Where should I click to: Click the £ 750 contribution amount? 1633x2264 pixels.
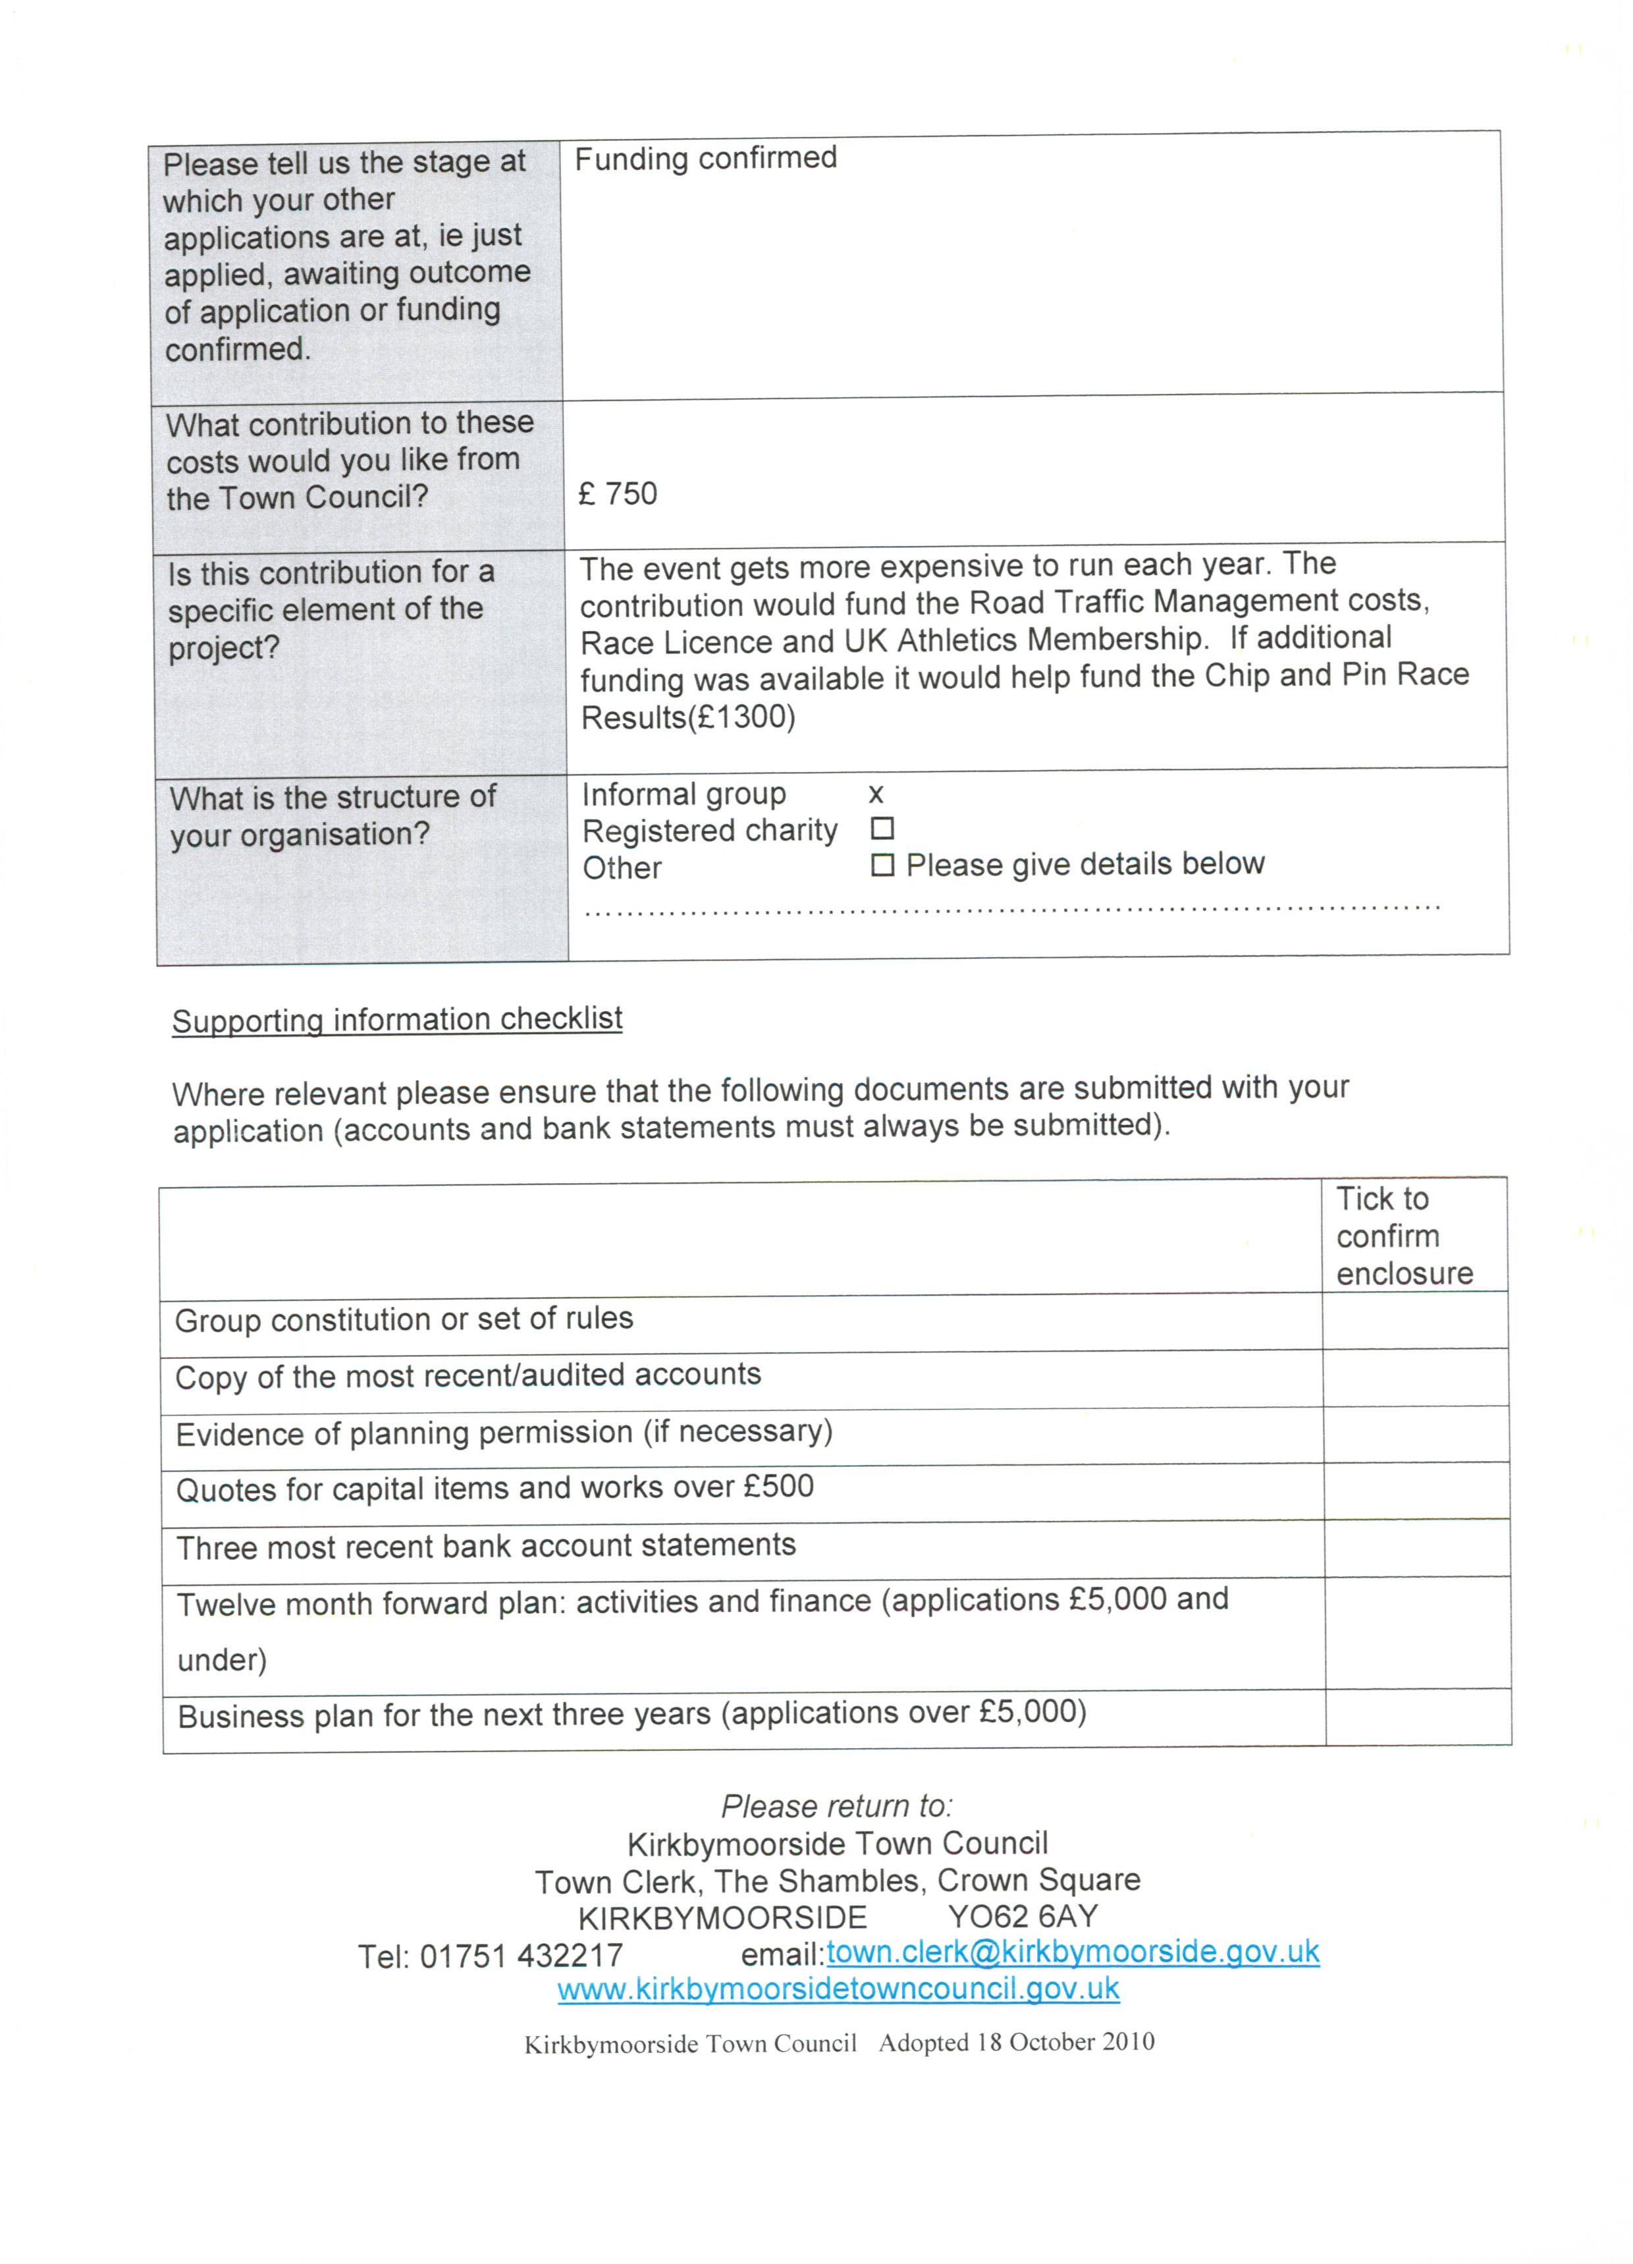coord(618,494)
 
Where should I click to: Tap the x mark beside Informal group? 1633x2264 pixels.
coord(875,794)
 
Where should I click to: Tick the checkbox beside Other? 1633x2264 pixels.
coord(882,864)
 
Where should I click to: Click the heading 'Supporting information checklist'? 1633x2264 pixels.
coord(397,1019)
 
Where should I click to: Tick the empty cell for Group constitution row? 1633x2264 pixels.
coord(1416,1321)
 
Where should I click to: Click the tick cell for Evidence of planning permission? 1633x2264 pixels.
coord(1416,1435)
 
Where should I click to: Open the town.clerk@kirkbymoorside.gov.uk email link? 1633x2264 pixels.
coord(1073,1952)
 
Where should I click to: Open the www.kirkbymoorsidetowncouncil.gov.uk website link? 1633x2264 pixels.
coord(838,1989)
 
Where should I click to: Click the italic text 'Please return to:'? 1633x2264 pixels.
coord(836,1806)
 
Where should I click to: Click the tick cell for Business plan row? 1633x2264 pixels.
coord(1418,1718)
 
